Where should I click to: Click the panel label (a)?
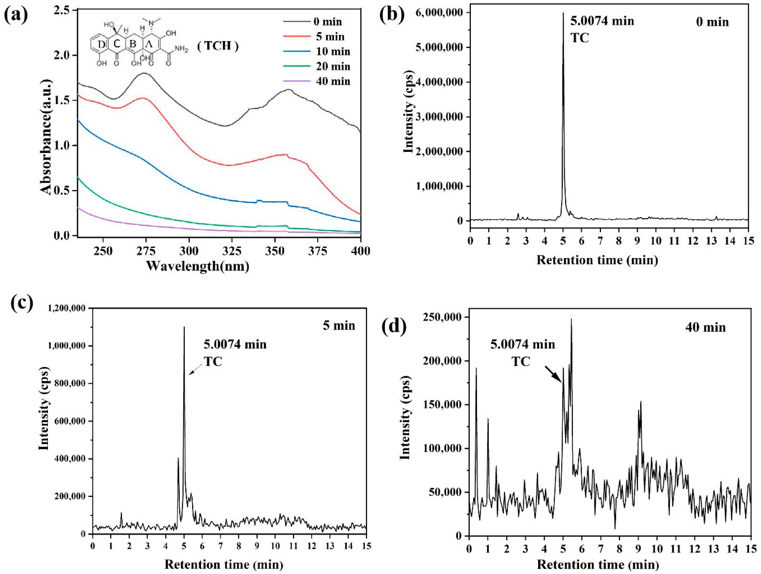[16, 15]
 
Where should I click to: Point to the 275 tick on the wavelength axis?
[146, 251]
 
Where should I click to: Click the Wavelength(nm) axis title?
[198, 266]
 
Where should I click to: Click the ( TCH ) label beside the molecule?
[218, 46]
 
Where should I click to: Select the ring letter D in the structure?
[101, 44]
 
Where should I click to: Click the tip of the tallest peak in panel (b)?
[563, 13]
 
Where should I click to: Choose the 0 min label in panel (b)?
[712, 22]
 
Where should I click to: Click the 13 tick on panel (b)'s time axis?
[711, 241]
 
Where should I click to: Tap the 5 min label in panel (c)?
[339, 325]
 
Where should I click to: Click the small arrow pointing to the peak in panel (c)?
[196, 369]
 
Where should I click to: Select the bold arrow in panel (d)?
[553, 374]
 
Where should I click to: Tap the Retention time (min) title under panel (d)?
[598, 565]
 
